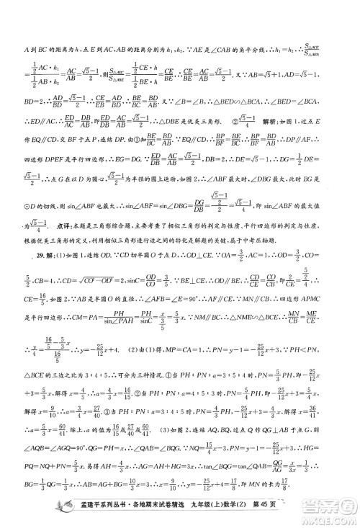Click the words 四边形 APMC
tap(315, 303)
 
